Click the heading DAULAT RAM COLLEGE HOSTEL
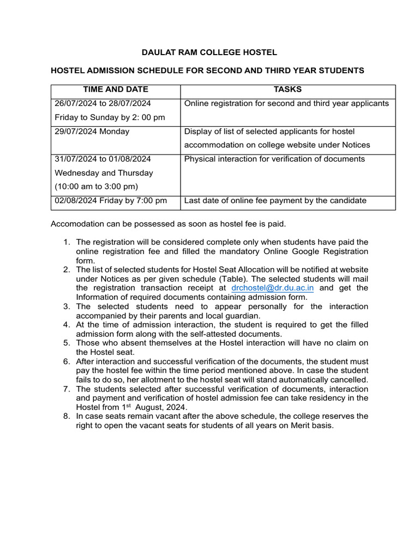pyautogui.click(x=209, y=52)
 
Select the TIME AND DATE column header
pyautogui.click(x=115, y=90)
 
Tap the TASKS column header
pyautogui.click(x=288, y=90)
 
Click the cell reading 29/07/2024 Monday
pyautogui.click(x=92, y=132)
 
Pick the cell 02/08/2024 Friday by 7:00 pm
pyautogui.click(x=111, y=200)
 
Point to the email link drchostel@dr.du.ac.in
pyautogui.click(x=272, y=288)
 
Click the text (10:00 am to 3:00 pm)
pyautogui.click(x=96, y=186)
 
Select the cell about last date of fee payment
pyautogui.click(x=275, y=200)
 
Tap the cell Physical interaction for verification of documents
pyautogui.click(x=274, y=159)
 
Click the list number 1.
pyautogui.click(x=66, y=242)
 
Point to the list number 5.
pyautogui.click(x=66, y=343)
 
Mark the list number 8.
pyautogui.click(x=66, y=416)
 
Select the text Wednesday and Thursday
pyautogui.click(x=104, y=173)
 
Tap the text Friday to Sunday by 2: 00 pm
pyautogui.click(x=110, y=117)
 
